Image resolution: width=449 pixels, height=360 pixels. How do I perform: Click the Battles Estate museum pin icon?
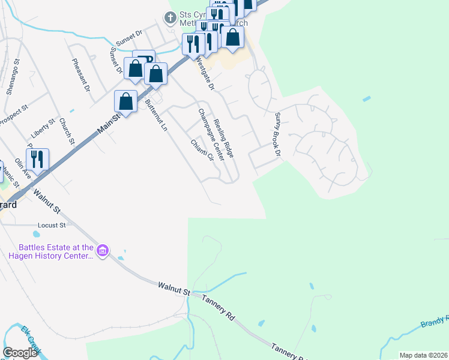click(102, 250)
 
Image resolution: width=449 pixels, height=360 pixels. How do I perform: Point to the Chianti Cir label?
click(202, 150)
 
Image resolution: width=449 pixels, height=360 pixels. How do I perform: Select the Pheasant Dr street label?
click(80, 74)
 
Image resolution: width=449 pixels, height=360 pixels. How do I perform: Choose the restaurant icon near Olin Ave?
click(37, 158)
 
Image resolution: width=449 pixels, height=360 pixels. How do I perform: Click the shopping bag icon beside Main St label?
click(126, 101)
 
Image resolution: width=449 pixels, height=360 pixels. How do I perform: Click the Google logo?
click(20, 352)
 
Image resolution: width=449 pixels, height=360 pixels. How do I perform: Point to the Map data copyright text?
click(423, 355)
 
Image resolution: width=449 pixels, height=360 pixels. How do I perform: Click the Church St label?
click(66, 132)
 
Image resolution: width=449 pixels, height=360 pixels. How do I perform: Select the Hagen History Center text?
click(51, 256)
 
